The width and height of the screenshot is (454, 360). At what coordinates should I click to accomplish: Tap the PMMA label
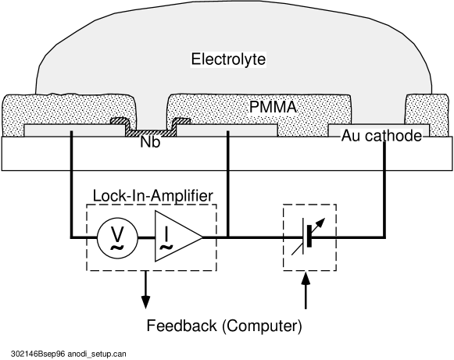click(x=273, y=107)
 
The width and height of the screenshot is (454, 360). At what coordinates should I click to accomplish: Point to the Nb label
click(x=150, y=143)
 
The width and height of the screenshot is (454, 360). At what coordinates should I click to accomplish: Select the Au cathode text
click(x=381, y=136)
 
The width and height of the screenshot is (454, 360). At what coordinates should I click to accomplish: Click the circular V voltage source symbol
click(x=117, y=237)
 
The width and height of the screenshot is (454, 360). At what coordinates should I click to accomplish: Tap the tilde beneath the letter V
click(x=117, y=248)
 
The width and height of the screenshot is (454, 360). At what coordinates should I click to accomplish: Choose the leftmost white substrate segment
click(x=36, y=154)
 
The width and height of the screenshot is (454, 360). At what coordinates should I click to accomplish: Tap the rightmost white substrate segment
click(x=418, y=154)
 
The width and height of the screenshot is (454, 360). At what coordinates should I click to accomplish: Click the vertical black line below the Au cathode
click(x=384, y=155)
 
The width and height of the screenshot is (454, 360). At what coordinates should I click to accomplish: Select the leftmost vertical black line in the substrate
click(x=72, y=151)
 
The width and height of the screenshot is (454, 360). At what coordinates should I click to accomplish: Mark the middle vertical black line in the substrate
click(x=228, y=151)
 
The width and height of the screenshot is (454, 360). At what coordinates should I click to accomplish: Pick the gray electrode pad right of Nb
click(x=227, y=130)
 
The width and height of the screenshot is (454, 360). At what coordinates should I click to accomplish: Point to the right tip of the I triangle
click(x=201, y=236)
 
